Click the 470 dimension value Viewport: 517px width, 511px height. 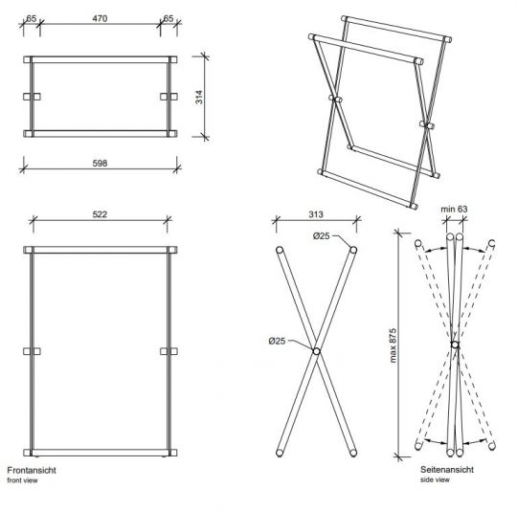[x=100, y=18]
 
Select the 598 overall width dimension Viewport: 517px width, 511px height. [x=100, y=163]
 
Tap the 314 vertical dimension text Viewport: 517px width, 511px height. [x=199, y=97]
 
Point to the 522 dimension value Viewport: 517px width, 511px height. [x=100, y=214]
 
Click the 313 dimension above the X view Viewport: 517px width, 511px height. [x=316, y=214]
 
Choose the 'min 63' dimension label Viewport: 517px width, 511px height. [x=454, y=209]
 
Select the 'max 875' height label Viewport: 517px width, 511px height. [x=393, y=345]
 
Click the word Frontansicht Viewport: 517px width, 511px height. [x=32, y=470]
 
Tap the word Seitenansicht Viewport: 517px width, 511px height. [x=447, y=470]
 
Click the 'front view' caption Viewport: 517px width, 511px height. [x=22, y=480]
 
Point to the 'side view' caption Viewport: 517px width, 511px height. [x=435, y=479]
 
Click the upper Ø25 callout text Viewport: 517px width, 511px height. [x=321, y=236]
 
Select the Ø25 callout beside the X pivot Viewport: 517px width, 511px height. [x=277, y=341]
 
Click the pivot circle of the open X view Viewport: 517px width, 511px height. [x=316, y=351]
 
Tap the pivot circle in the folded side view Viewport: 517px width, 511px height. [x=455, y=344]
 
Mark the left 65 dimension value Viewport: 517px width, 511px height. [x=31, y=18]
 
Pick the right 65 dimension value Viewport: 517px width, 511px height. [x=169, y=18]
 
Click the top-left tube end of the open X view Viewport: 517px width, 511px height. [x=280, y=250]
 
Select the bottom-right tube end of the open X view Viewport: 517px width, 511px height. [x=353, y=453]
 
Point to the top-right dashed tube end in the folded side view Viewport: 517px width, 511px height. [x=491, y=243]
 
